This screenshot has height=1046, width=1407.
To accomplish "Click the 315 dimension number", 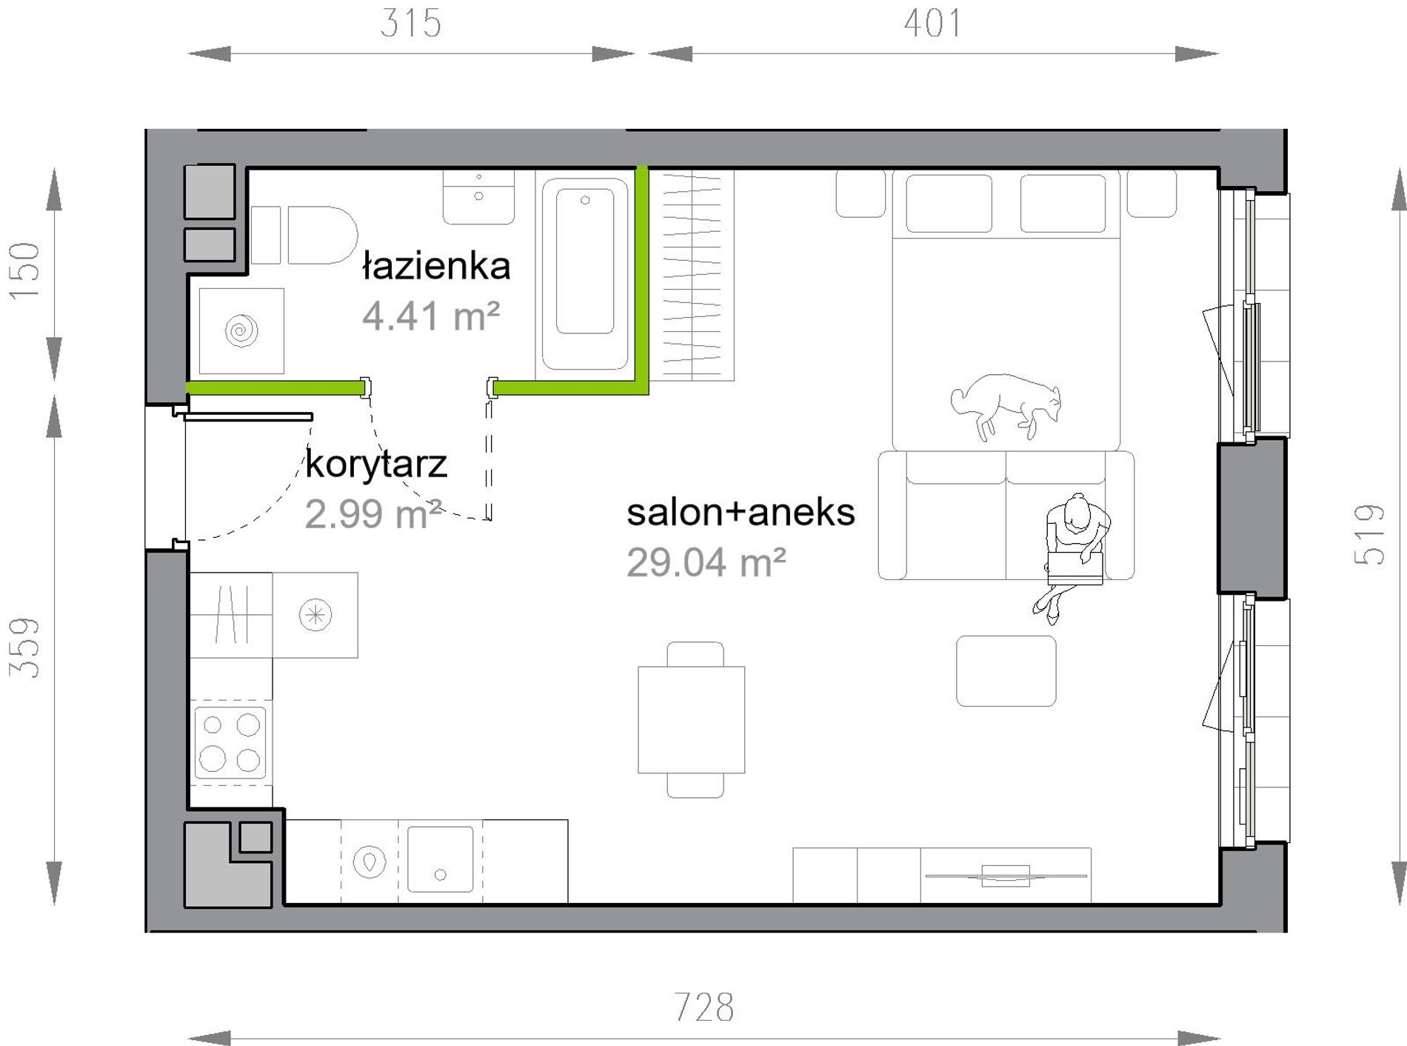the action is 411,23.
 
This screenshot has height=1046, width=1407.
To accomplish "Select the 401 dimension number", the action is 933,23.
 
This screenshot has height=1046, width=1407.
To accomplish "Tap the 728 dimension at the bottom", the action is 703,1007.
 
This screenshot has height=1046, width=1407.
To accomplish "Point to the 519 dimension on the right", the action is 1369,534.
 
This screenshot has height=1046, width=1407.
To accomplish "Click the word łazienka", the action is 437,266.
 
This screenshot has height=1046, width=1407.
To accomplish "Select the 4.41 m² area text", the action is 431,316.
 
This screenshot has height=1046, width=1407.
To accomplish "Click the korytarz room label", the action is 376,464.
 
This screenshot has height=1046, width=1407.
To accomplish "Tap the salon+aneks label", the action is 741,512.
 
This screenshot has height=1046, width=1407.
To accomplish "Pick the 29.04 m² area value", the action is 706,562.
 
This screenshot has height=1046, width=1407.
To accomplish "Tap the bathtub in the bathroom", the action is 585,273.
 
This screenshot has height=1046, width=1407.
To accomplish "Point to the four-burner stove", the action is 230,742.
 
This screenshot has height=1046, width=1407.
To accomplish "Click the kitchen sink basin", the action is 440,859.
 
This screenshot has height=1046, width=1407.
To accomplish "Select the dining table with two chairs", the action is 692,719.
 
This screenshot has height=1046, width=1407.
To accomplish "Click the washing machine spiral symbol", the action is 241,330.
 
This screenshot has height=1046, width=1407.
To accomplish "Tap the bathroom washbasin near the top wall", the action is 478,196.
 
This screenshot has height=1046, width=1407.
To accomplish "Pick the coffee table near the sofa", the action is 1006,670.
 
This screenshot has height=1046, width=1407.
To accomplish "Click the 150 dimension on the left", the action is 24,271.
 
